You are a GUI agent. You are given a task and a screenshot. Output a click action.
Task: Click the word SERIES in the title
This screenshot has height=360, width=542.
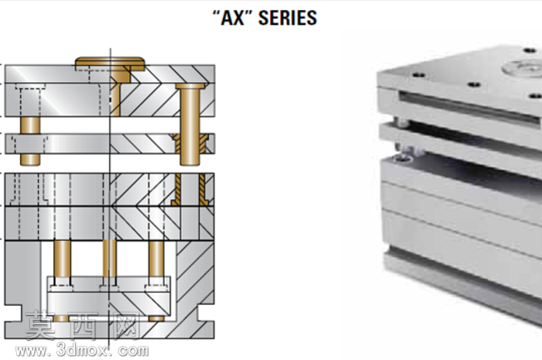coord(287,18)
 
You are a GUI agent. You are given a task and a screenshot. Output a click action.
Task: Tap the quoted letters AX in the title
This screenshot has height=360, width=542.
coord(232,18)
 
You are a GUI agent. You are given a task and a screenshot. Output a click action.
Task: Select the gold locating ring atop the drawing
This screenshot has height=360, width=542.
coord(110,64)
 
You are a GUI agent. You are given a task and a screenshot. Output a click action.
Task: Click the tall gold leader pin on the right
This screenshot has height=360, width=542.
coord(190,125)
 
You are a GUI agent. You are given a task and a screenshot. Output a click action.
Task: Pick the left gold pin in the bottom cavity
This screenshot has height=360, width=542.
coord(63,259)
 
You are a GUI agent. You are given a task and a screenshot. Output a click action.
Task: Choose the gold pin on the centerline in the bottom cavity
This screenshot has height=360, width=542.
coord(110,259)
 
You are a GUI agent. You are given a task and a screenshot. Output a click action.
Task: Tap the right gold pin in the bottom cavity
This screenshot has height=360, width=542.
coord(156,259)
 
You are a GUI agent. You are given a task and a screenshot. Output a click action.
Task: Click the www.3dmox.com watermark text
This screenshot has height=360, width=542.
coord(82,351)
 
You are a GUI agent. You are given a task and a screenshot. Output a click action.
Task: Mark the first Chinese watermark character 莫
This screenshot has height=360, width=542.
coord(40,325)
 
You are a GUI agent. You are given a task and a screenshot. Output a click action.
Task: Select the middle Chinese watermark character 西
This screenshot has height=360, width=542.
coord(83,325)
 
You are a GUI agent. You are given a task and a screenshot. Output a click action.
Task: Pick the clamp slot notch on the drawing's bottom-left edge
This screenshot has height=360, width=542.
coord(13,313)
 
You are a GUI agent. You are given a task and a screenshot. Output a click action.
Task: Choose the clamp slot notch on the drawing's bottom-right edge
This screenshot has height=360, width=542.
coord(206,313)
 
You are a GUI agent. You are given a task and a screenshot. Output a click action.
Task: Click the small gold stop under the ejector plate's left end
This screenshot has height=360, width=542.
coord(61,318)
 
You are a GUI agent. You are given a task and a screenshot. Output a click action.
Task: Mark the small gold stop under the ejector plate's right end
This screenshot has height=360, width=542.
coord(156,318)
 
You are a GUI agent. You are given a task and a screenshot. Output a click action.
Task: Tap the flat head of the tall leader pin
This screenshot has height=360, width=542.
coord(190,86)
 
